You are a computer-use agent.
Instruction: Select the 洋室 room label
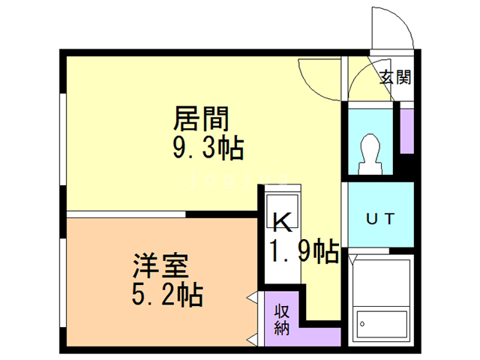point(160,265)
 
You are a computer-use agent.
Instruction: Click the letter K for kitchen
point(283,221)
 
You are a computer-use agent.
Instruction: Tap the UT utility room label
point(379,218)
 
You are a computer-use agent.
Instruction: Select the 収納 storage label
point(282,319)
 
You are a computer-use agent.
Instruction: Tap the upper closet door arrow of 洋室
point(251,300)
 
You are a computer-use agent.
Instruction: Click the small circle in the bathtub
point(363,324)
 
